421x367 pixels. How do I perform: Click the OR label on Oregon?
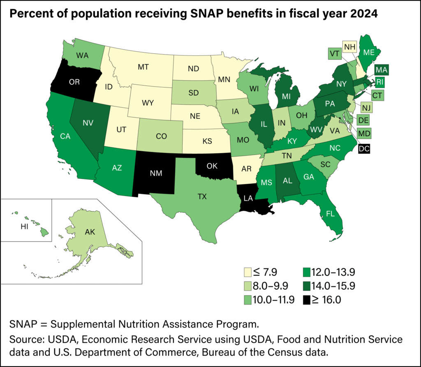74,82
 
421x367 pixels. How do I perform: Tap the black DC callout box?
363,149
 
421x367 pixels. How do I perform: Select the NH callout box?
349,47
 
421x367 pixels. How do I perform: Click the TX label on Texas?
202,196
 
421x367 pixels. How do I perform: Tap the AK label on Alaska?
90,232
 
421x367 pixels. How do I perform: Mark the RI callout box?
379,82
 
